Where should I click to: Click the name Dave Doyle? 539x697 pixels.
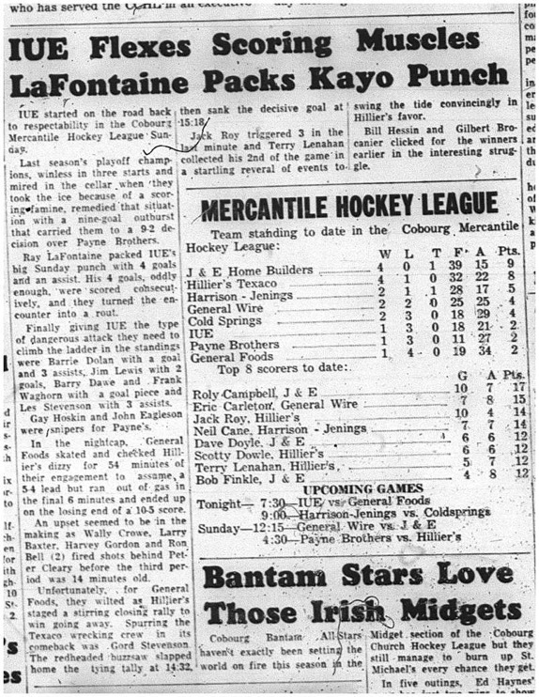(x=224, y=439)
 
